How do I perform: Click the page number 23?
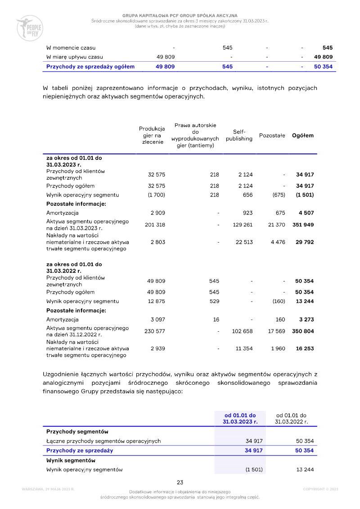click(180, 482)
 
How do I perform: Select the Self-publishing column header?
click(239, 135)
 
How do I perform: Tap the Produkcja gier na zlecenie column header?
click(152, 135)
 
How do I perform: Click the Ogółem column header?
click(303, 135)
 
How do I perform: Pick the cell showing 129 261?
click(243, 225)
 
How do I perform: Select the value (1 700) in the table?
click(157, 195)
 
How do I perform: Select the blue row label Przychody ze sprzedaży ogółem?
click(90, 67)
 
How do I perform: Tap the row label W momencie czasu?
click(71, 48)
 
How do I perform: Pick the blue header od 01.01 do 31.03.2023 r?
click(240, 419)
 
